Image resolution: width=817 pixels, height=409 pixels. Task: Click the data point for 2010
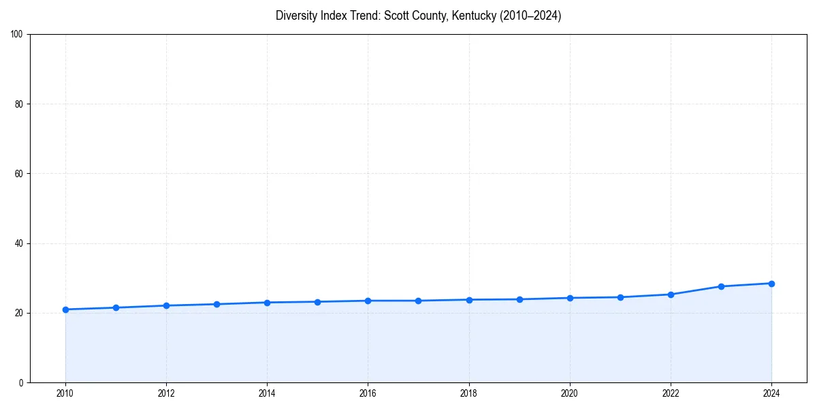(65, 309)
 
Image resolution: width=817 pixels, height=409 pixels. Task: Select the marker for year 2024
(771, 284)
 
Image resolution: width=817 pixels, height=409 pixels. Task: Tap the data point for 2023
(721, 286)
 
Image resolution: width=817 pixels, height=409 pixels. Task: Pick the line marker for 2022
(671, 294)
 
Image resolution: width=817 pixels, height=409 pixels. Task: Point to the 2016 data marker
(368, 301)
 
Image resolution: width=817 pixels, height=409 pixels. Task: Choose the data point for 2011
(116, 307)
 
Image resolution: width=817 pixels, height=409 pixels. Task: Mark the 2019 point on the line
(519, 299)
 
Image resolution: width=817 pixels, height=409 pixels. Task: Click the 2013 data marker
(217, 304)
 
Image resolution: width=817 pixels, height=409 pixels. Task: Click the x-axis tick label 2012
(166, 393)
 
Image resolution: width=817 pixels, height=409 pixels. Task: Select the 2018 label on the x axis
(468, 393)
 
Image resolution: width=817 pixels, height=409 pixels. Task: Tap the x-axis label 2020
(570, 393)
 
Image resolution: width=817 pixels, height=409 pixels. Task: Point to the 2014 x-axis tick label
(267, 393)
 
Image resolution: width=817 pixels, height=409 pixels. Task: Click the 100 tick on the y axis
(17, 35)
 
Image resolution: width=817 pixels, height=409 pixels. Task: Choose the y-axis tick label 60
(19, 174)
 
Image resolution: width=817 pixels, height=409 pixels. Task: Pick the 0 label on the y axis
(21, 382)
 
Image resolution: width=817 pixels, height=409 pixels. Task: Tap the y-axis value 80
(19, 104)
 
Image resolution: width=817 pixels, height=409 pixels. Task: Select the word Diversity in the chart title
(296, 16)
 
